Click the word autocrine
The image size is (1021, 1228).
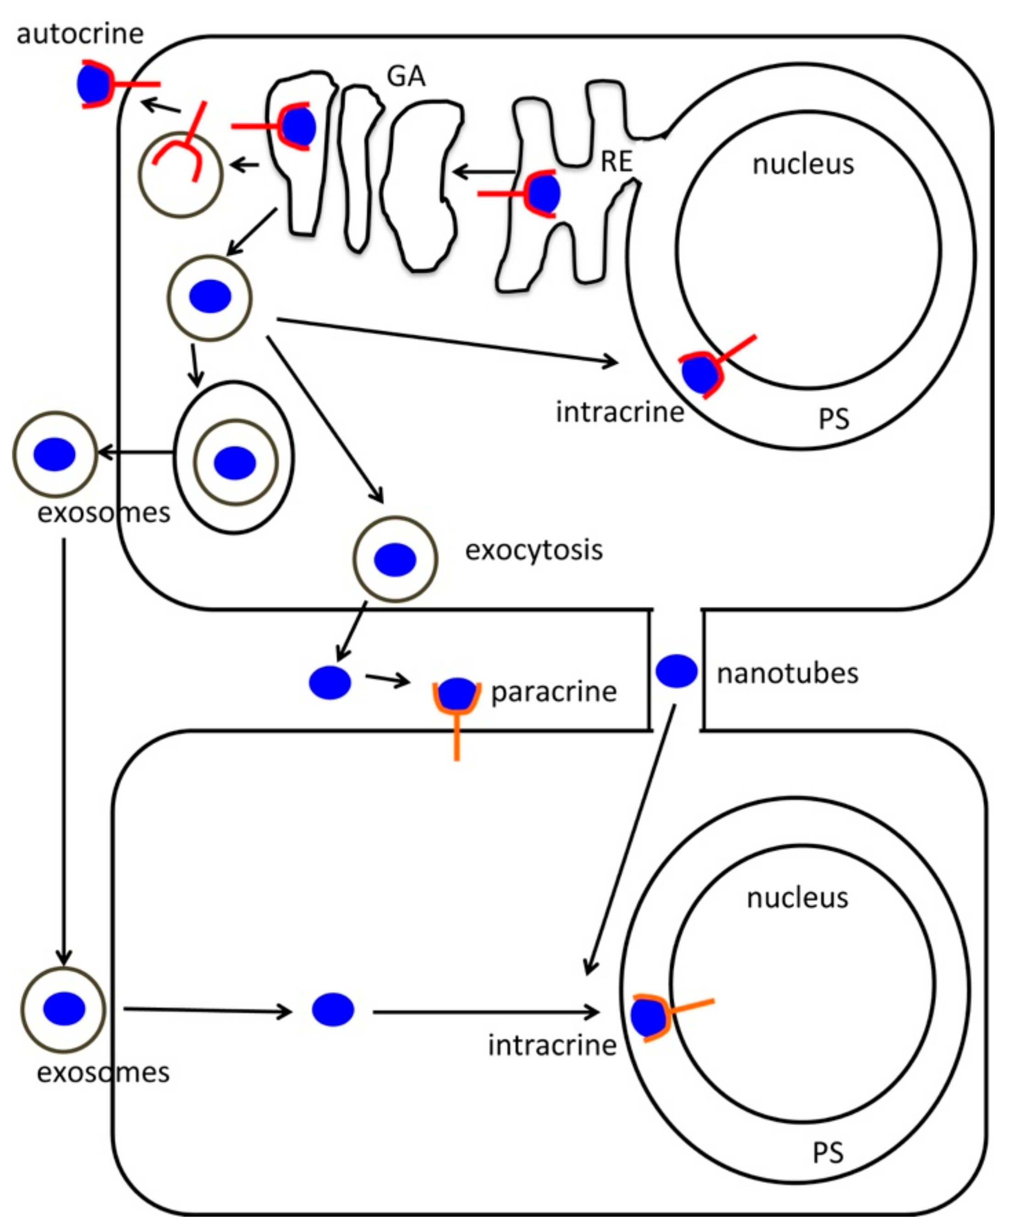80,33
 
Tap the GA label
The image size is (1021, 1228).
406,76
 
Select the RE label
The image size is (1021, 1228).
616,161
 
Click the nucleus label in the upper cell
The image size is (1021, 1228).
803,164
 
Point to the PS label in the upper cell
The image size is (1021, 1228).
833,419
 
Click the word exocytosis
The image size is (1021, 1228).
533,550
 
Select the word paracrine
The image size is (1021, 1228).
554,692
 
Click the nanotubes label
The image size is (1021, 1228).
787,673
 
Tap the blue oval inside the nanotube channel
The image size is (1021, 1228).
676,671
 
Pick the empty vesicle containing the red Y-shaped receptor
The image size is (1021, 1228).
181,174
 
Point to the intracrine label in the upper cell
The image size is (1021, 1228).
620,412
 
